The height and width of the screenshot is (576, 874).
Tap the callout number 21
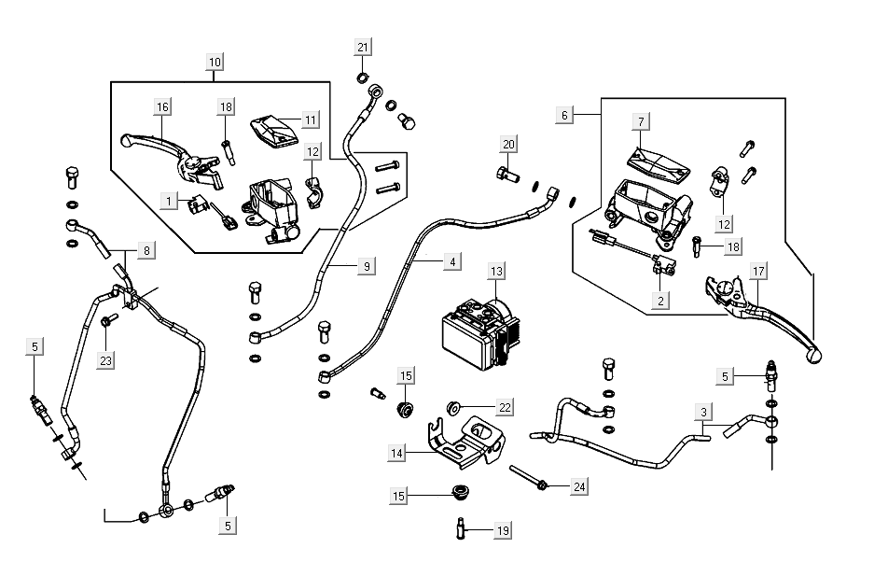tap(363, 49)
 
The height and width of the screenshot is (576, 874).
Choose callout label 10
tap(215, 63)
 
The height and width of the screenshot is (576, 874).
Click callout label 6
tap(563, 115)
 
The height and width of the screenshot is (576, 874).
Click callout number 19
tap(503, 530)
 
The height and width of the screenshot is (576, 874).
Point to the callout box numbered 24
tap(579, 486)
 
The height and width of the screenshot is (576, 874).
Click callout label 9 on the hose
tap(367, 267)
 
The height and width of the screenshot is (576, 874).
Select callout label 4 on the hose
tap(451, 263)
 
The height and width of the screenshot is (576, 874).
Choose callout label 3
tap(704, 410)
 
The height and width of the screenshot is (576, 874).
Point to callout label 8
tap(146, 250)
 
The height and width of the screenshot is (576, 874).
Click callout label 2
tap(660, 301)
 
